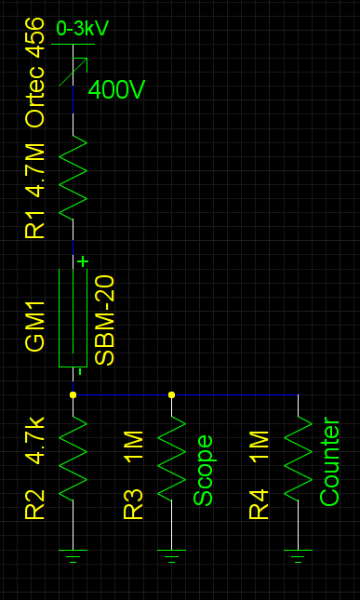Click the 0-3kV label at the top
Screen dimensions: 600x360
click(82, 29)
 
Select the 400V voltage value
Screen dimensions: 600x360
click(116, 90)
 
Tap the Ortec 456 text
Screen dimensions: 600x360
click(35, 72)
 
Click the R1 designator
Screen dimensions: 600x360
click(35, 224)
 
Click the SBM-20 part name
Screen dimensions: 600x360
click(105, 320)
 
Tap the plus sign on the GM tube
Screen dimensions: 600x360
click(83, 261)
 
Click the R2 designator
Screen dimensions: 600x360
click(35, 503)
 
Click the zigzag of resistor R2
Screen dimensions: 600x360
click(73, 457)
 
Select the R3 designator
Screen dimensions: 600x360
click(134, 503)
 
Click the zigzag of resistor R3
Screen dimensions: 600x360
click(171, 457)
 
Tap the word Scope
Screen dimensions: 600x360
click(203, 470)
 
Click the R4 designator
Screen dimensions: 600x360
click(259, 503)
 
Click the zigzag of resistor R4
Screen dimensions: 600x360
click(298, 457)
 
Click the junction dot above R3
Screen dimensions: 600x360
click(171, 394)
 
